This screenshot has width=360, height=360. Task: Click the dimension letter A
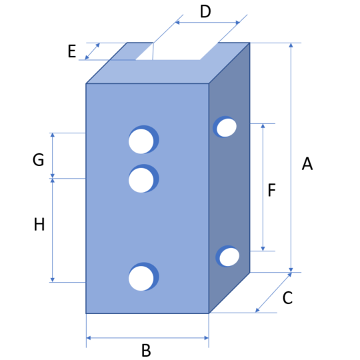point(307,164)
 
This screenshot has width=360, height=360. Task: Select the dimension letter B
point(146,350)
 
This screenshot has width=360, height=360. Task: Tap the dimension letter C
point(287,298)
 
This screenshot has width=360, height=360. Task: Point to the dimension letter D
point(205,11)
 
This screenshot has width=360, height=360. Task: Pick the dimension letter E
point(72,51)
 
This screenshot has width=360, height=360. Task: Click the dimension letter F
point(272,190)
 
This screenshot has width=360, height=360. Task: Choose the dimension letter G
point(39,159)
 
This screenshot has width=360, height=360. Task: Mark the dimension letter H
point(39,224)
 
